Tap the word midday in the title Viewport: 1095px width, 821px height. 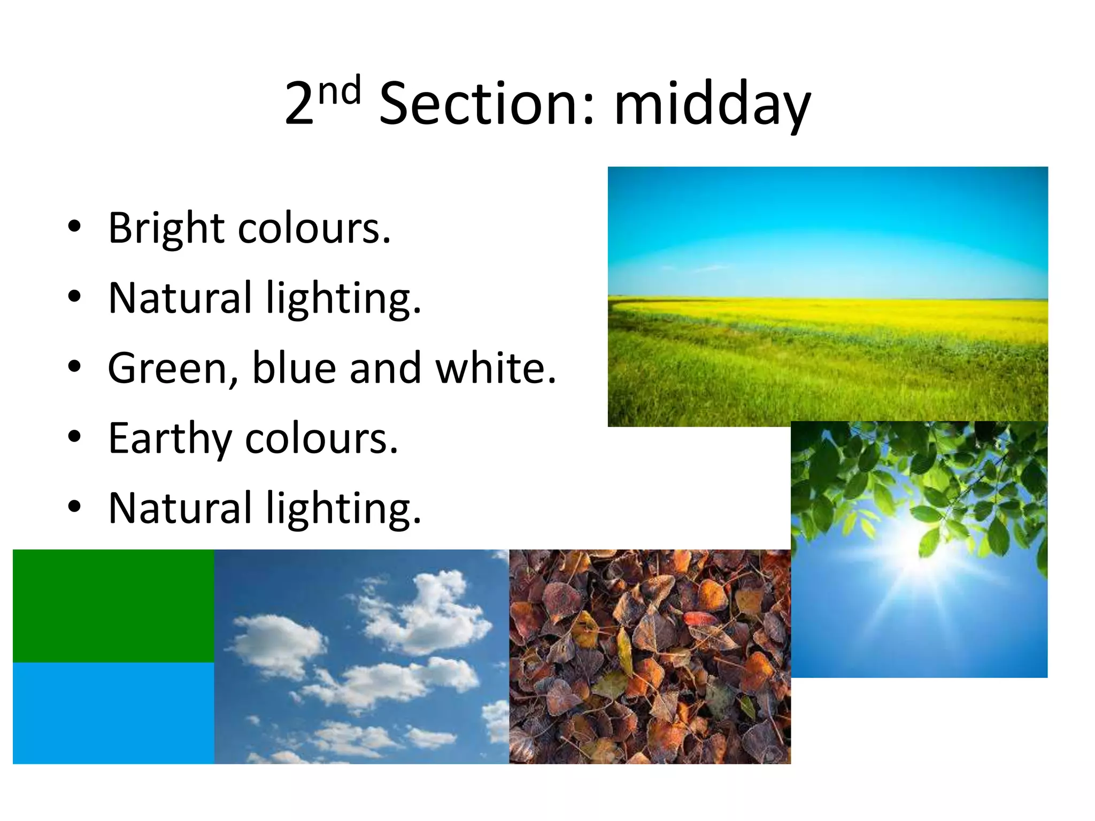712,104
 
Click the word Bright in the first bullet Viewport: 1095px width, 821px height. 166,228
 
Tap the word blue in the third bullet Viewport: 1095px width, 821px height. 294,368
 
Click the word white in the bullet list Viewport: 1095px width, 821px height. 495,368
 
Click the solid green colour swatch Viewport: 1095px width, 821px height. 113,606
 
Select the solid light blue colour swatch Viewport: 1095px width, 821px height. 113,713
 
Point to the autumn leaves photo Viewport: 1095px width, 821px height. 650,656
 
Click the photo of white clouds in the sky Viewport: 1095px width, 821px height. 361,656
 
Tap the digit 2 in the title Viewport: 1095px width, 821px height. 299,104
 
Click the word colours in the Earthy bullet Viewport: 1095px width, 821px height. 321,438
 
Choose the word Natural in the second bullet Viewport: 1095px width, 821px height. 180,298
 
